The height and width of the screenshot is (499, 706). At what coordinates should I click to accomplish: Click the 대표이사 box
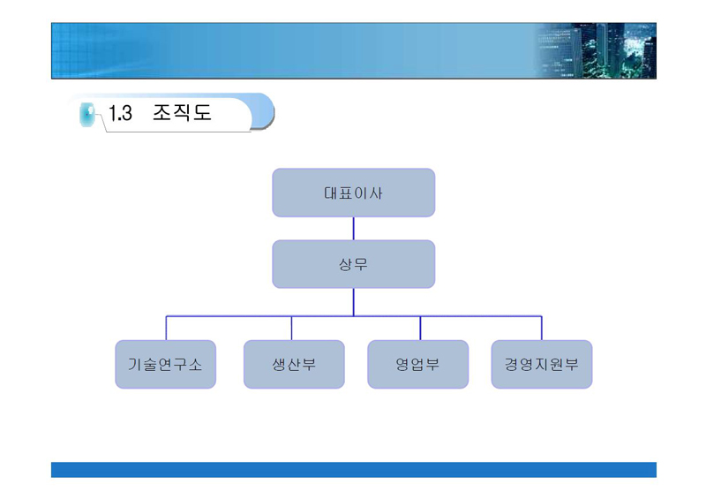354,193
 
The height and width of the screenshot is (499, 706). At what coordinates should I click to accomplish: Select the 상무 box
354,264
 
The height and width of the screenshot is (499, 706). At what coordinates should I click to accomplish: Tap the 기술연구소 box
166,364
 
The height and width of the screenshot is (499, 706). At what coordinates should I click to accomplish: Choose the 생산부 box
294,364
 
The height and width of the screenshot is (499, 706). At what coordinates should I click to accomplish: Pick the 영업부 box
417,364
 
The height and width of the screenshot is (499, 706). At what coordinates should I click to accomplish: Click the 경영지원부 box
542,364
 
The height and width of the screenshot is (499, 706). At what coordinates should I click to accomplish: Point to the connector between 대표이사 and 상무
354,229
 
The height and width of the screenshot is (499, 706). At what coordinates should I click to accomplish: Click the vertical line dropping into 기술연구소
166,329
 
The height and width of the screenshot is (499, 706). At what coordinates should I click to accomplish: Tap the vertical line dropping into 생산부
292,329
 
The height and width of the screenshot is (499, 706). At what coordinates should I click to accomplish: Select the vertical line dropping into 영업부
421,329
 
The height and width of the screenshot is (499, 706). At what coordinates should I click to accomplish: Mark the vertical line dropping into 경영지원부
542,329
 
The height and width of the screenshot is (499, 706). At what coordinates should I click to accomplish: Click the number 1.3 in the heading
120,113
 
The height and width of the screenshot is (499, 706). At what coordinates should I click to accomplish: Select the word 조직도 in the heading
182,112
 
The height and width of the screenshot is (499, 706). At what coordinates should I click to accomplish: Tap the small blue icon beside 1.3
86,115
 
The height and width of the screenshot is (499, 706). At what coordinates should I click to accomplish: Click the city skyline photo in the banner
597,50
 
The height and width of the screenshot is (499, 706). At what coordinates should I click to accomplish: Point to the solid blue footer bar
354,470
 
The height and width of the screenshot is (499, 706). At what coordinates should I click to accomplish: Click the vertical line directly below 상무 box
354,302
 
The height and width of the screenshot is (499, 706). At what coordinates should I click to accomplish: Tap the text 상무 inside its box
354,264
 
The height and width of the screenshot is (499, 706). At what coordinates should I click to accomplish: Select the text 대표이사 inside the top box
354,193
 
